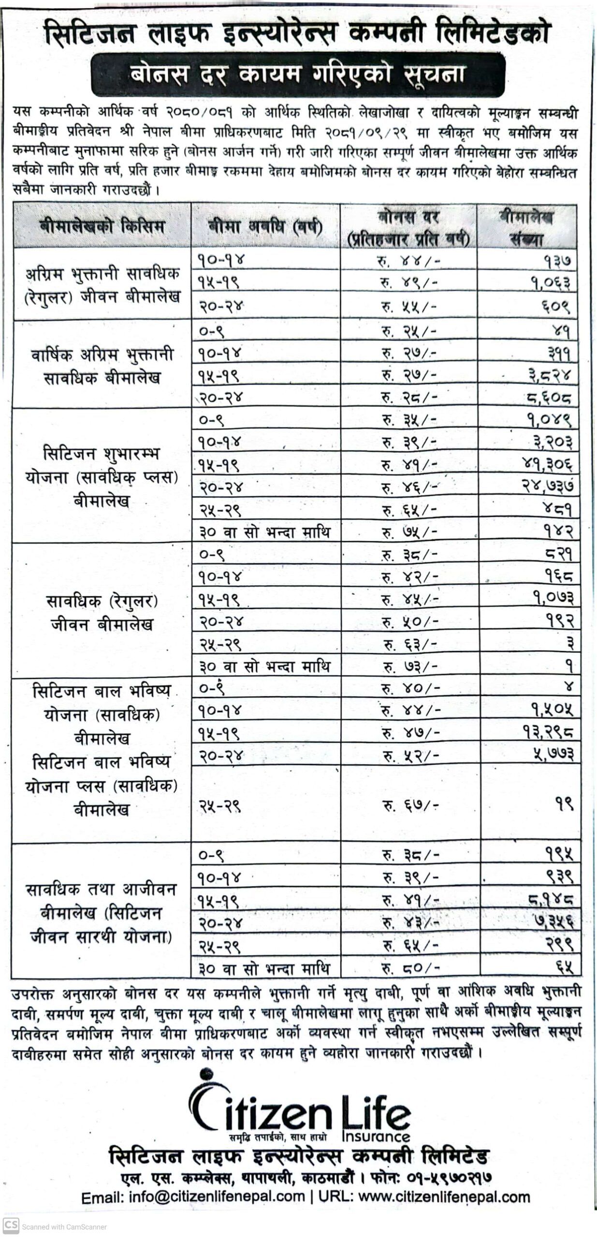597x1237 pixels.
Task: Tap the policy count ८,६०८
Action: coord(550,398)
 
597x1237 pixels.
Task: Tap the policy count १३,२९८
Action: coord(548,733)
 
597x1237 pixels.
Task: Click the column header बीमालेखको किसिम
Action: coord(102,227)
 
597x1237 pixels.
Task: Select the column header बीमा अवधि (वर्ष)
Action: coord(265,227)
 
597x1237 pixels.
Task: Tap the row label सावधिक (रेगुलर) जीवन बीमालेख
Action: coord(102,613)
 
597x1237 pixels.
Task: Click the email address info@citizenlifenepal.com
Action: coord(217,1196)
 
